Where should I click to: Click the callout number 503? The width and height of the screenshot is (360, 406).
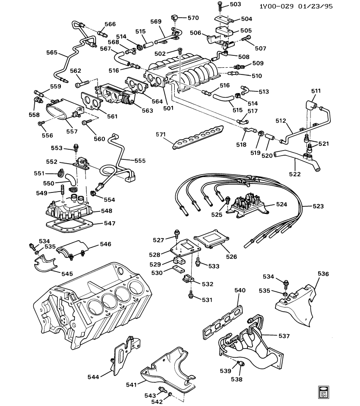[x=235, y=5]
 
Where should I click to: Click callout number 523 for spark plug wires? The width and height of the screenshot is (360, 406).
[x=318, y=206]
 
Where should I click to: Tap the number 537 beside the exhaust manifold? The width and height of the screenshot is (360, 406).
[x=284, y=336]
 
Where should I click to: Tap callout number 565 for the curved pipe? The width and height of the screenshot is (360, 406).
[x=52, y=53]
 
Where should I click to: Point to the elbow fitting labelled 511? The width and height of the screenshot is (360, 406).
[x=312, y=104]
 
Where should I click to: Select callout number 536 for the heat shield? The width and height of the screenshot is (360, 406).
[x=323, y=274]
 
